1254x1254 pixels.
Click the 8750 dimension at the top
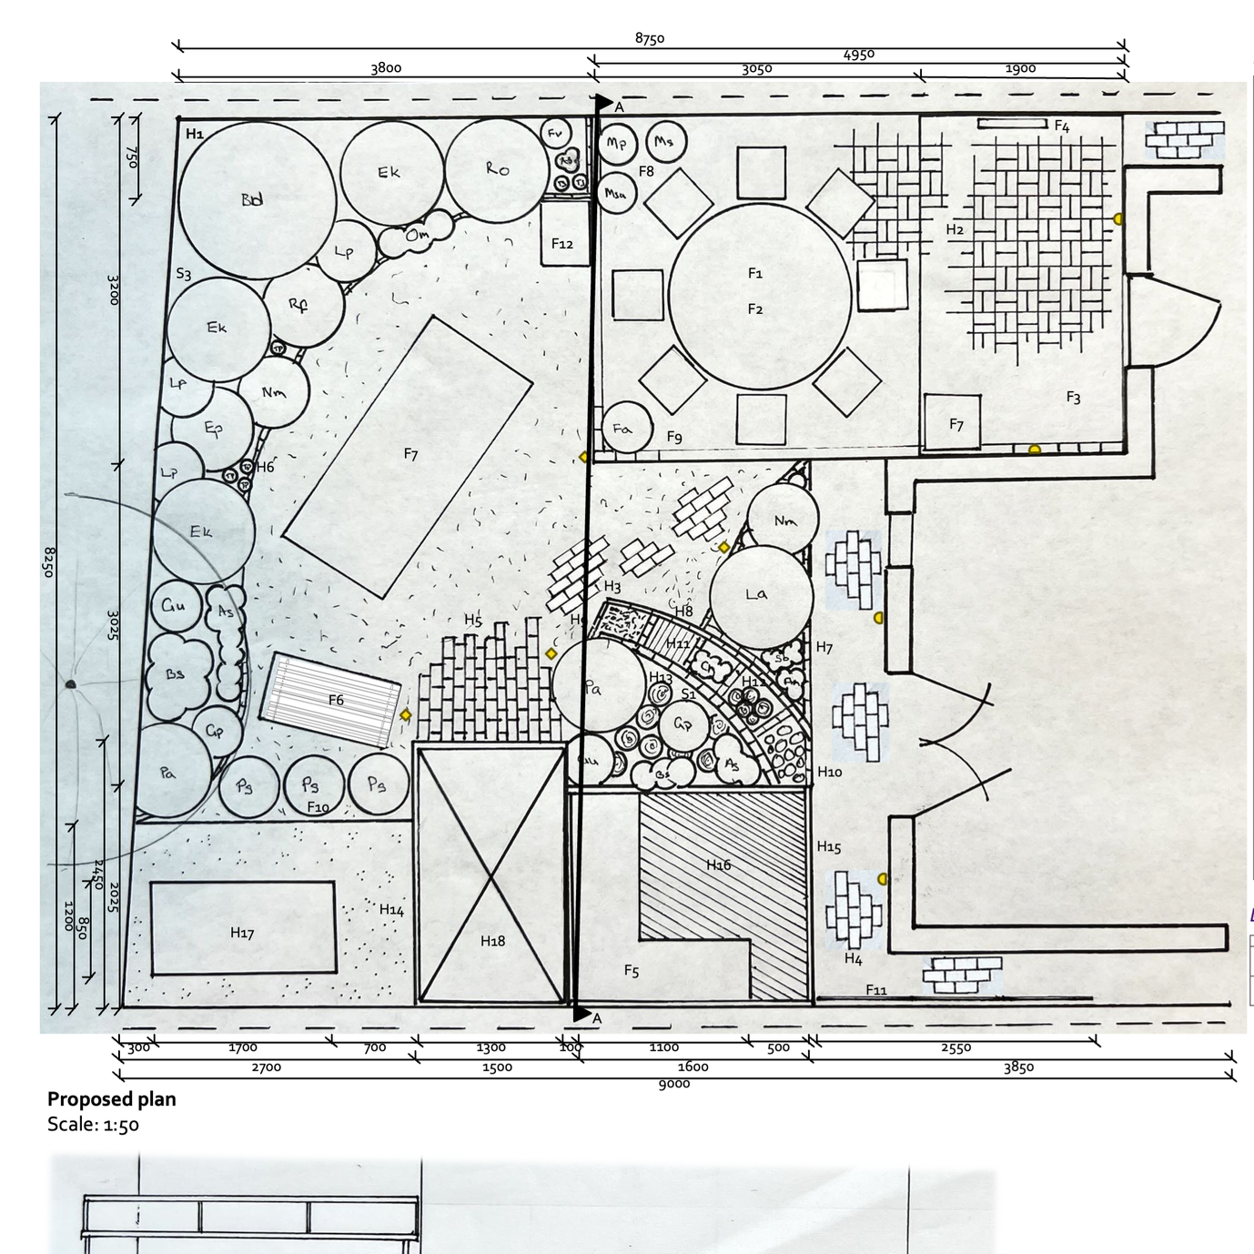(650, 38)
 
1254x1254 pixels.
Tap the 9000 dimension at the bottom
(674, 1083)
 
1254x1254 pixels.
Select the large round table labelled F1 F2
(760, 296)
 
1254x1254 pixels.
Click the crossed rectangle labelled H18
(491, 874)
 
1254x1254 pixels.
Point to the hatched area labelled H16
(719, 865)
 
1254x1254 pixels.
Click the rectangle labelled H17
(242, 928)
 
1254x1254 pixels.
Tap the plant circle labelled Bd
(256, 199)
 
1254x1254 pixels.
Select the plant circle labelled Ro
(498, 170)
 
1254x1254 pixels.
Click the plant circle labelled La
(760, 597)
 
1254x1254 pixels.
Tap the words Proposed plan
(112, 1098)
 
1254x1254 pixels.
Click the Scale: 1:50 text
(93, 1124)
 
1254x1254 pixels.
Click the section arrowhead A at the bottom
(581, 1014)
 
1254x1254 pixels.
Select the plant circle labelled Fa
(626, 429)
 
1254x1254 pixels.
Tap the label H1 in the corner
(195, 134)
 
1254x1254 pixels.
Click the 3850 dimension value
(1018, 1067)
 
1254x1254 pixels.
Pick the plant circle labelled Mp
(616, 144)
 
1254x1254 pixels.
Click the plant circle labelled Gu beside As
(175, 605)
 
